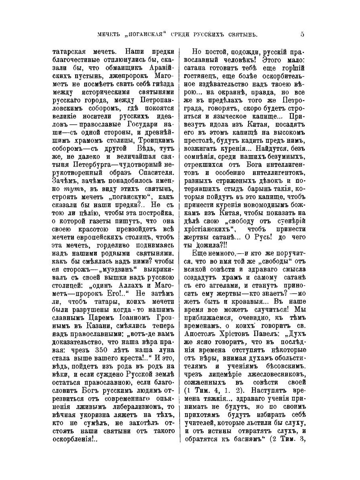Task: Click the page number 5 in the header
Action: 302,33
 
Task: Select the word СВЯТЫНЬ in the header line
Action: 243,34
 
